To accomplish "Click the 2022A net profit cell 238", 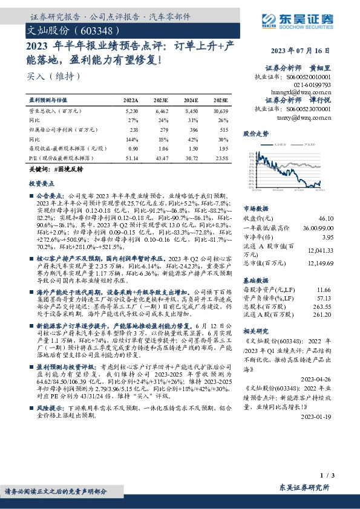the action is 134,129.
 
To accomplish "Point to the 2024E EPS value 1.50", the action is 191,148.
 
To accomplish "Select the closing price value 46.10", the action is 326,218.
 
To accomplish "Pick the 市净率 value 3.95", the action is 327,237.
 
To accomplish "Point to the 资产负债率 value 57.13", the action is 326,298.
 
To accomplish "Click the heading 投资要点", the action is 41,182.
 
